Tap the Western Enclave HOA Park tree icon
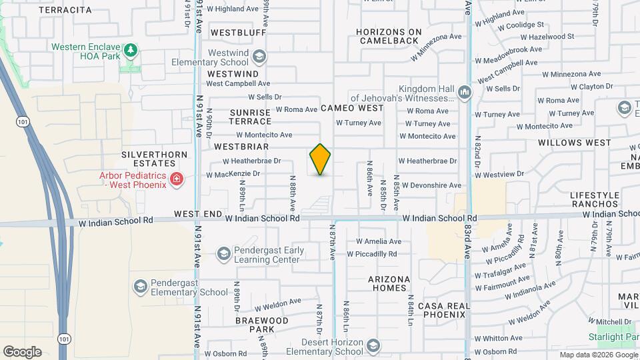[132, 50]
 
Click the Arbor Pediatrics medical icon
[176, 179]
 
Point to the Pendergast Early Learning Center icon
[223, 254]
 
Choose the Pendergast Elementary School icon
[140, 286]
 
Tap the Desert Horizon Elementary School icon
[373, 346]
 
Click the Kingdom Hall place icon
[465, 91]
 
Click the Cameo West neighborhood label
[351, 108]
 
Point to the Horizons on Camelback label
[389, 36]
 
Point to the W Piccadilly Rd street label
[371, 254]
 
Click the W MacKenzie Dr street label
[233, 174]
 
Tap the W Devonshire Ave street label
[431, 185]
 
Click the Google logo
[22, 351]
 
